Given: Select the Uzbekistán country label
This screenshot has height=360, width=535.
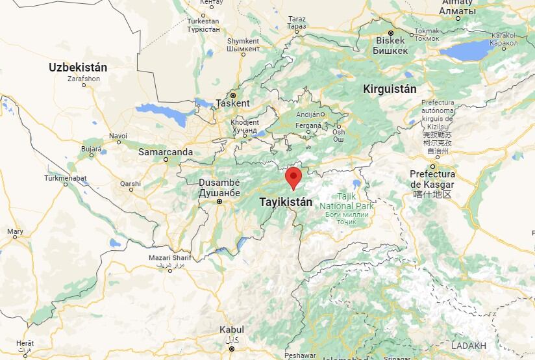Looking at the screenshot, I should [x=78, y=67].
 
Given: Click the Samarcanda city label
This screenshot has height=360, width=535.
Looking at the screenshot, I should [x=166, y=152].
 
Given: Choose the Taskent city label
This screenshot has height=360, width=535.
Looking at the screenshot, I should [x=232, y=103].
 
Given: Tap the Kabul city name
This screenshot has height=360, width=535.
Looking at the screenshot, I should [x=232, y=329].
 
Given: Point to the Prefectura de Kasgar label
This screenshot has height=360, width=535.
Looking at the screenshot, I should [x=432, y=179].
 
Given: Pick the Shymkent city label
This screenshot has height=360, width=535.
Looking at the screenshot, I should [x=243, y=41].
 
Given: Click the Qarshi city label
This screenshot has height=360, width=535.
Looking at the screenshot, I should [x=131, y=184].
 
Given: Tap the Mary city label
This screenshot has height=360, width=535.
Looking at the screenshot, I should [x=15, y=232].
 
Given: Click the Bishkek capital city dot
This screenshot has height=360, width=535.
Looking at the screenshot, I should [x=391, y=32].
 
